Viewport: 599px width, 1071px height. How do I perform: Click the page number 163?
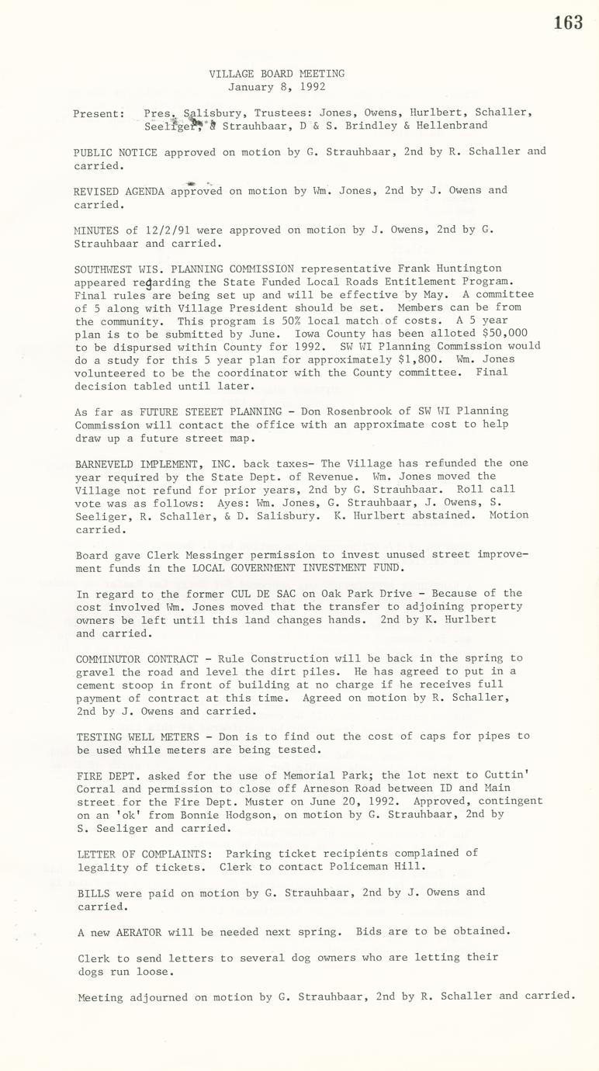(568, 23)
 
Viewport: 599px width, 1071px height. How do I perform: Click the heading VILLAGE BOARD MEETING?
(276, 74)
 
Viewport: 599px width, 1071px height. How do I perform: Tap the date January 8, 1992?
(276, 87)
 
